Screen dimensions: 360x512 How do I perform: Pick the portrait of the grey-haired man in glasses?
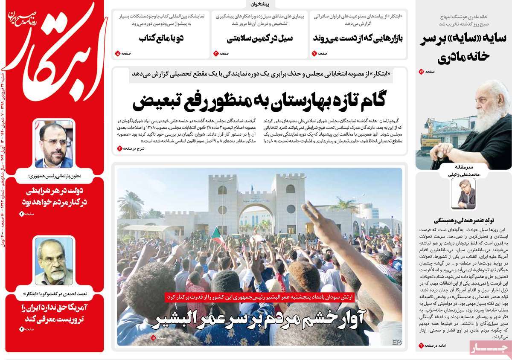(54, 261)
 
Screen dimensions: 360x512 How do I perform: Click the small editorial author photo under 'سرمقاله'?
(463, 193)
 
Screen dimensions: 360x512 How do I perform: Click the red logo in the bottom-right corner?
(489, 348)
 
